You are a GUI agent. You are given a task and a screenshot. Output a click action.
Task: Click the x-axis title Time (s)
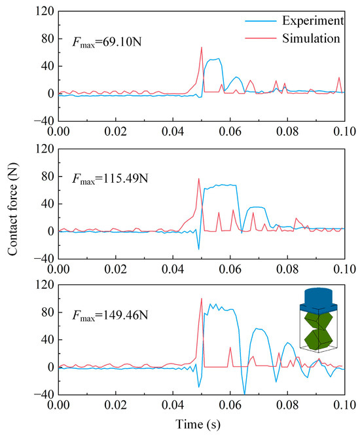(200, 425)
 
